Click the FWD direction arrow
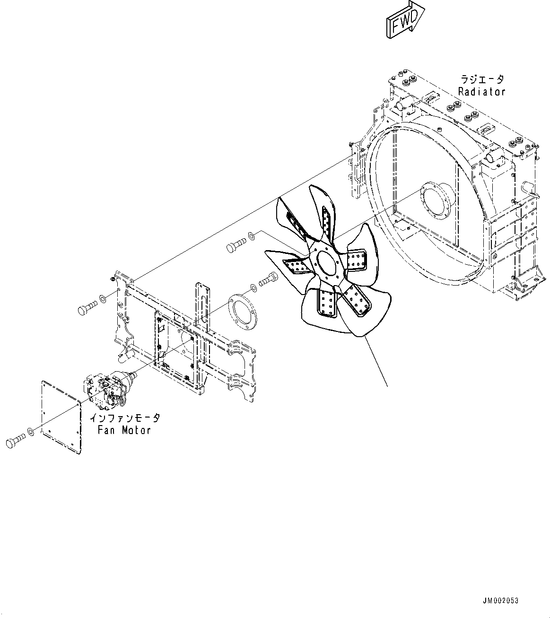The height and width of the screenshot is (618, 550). [404, 20]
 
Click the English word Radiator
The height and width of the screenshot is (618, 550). [481, 92]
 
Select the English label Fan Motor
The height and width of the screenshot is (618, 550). [124, 430]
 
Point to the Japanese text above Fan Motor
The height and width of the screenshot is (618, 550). [125, 418]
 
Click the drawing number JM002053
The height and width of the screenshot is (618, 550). [500, 601]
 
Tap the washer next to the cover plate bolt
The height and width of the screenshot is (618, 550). [31, 431]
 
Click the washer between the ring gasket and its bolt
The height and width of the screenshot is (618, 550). [253, 287]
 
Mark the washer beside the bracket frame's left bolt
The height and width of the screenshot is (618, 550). [102, 299]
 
